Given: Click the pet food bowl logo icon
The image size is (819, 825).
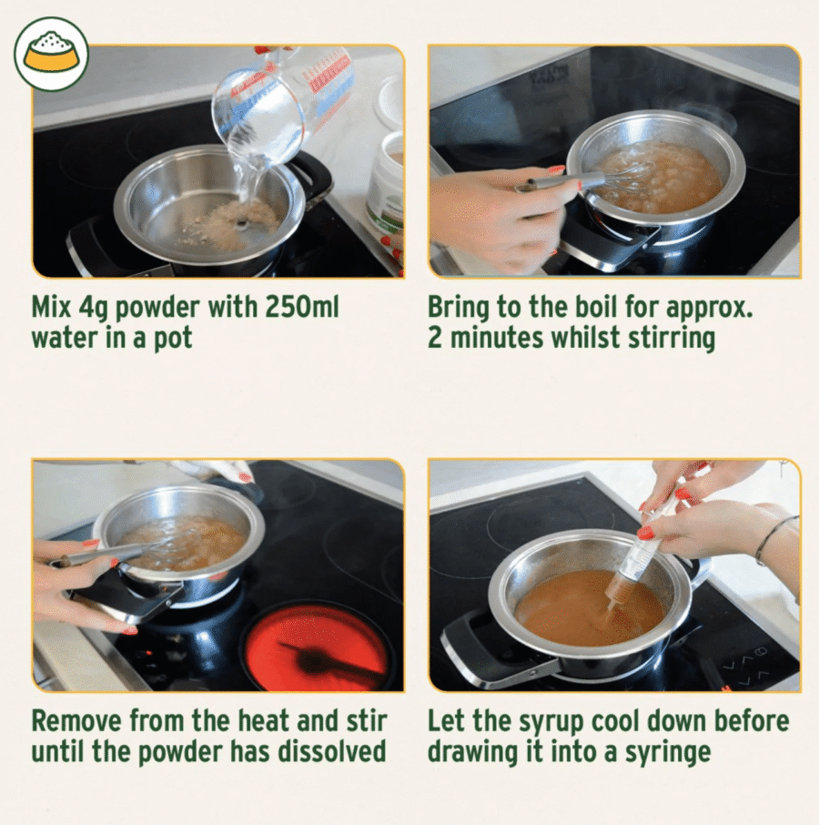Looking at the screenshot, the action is click(x=51, y=55).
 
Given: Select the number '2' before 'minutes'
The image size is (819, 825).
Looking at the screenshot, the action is click(x=435, y=338).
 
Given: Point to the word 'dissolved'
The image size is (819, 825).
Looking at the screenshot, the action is click(x=332, y=751).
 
